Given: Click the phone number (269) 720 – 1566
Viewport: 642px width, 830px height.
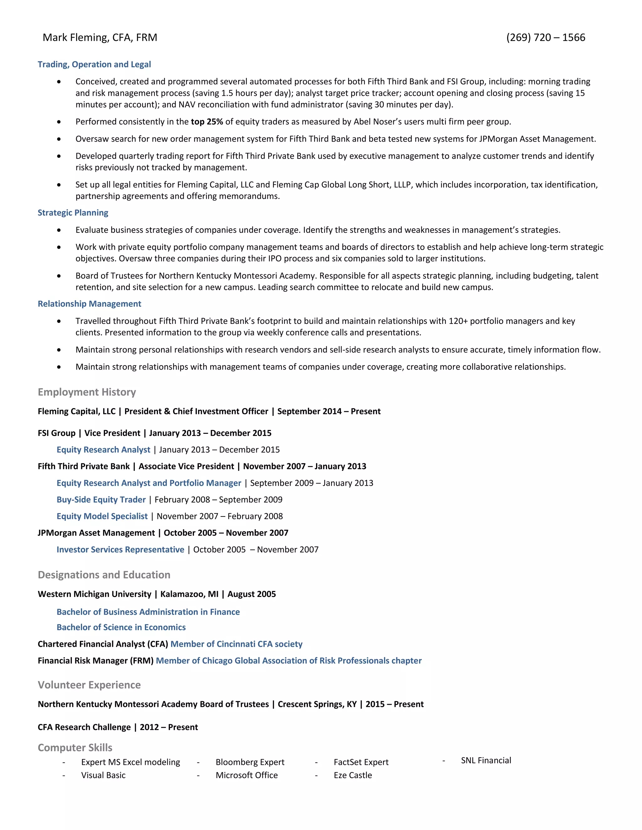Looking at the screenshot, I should [545, 37].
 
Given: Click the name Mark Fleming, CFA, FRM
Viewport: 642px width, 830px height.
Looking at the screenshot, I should [100, 37].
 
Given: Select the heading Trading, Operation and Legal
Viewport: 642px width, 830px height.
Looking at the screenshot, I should [94, 64].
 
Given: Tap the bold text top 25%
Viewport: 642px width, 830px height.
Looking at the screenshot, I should [207, 122].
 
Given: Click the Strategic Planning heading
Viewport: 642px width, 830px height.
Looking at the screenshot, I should [73, 212].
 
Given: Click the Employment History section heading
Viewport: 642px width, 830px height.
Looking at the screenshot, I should [87, 392].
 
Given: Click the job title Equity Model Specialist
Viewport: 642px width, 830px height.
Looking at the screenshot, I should [102, 516].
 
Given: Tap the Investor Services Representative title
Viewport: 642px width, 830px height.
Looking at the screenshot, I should [120, 550].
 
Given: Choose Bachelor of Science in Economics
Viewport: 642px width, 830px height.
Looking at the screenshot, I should [121, 627].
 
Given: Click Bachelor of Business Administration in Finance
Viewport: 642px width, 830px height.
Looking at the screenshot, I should [148, 612].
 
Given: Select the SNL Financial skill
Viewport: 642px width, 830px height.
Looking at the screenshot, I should [486, 760].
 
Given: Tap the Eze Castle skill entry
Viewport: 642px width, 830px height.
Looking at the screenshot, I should [353, 775].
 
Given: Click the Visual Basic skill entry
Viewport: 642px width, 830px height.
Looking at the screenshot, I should [103, 775].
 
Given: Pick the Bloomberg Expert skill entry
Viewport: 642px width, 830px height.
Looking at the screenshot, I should [250, 762].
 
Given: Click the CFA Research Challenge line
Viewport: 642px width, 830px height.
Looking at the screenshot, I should [118, 727].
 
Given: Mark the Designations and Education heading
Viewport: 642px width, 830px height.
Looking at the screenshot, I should [104, 575].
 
